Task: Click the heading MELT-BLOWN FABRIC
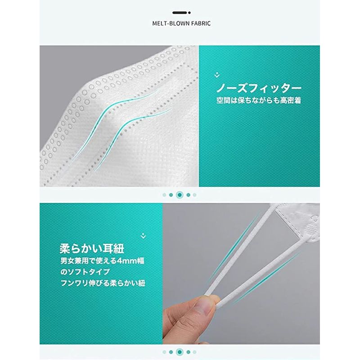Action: coord(181,23)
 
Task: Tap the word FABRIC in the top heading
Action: coord(201,23)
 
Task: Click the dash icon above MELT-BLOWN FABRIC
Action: coord(181,13)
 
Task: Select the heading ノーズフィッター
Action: coord(259,88)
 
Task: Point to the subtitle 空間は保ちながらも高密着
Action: coord(259,100)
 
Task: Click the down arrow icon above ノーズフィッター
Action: coord(217,75)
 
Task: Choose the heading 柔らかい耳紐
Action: coord(92,249)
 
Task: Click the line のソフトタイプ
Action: coord(85,272)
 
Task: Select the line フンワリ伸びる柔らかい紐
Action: coord(103,283)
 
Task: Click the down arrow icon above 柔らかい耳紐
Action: coord(143,236)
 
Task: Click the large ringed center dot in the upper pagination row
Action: coord(180,195)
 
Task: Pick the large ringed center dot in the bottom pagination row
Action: coord(180,352)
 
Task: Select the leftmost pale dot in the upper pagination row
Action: coord(164,195)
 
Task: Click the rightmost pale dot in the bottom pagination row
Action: coord(195,352)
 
